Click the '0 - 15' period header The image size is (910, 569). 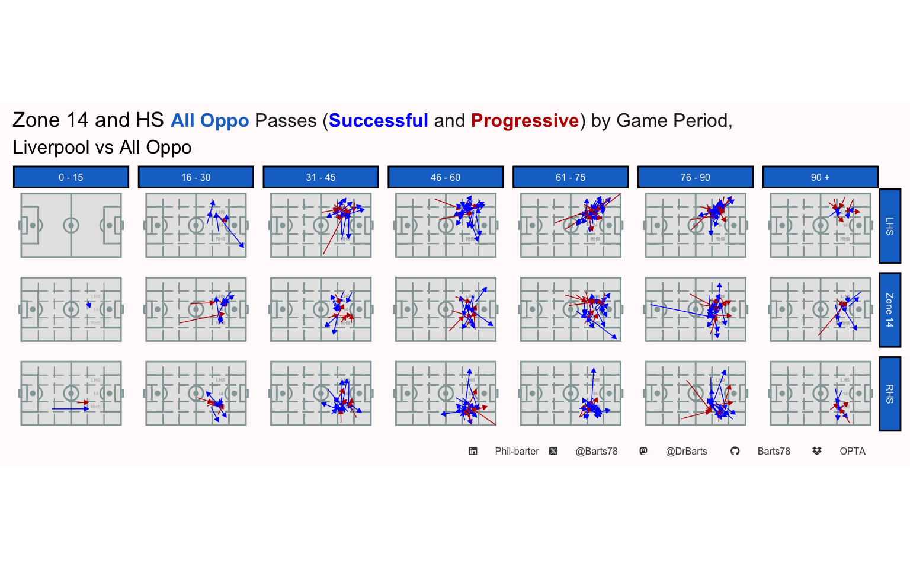(71, 177)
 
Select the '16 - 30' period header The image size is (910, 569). (196, 177)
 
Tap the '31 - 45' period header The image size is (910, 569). (321, 177)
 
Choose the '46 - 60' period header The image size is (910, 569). (446, 177)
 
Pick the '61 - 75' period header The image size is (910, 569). (571, 177)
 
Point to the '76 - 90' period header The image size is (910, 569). (696, 177)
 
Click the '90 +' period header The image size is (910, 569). (820, 177)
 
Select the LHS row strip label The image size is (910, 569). (890, 226)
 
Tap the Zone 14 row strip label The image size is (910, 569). (890, 310)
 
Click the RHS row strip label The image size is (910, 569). (890, 394)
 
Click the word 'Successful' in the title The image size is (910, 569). (378, 121)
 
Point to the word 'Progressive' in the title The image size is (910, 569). (524, 121)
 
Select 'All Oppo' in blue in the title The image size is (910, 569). (210, 121)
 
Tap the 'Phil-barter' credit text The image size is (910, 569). (517, 452)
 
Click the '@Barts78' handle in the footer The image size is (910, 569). (597, 452)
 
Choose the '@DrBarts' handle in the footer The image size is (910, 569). (686, 452)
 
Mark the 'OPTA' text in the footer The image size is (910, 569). (853, 452)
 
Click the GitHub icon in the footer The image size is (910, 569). (735, 452)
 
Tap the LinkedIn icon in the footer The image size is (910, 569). (473, 452)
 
